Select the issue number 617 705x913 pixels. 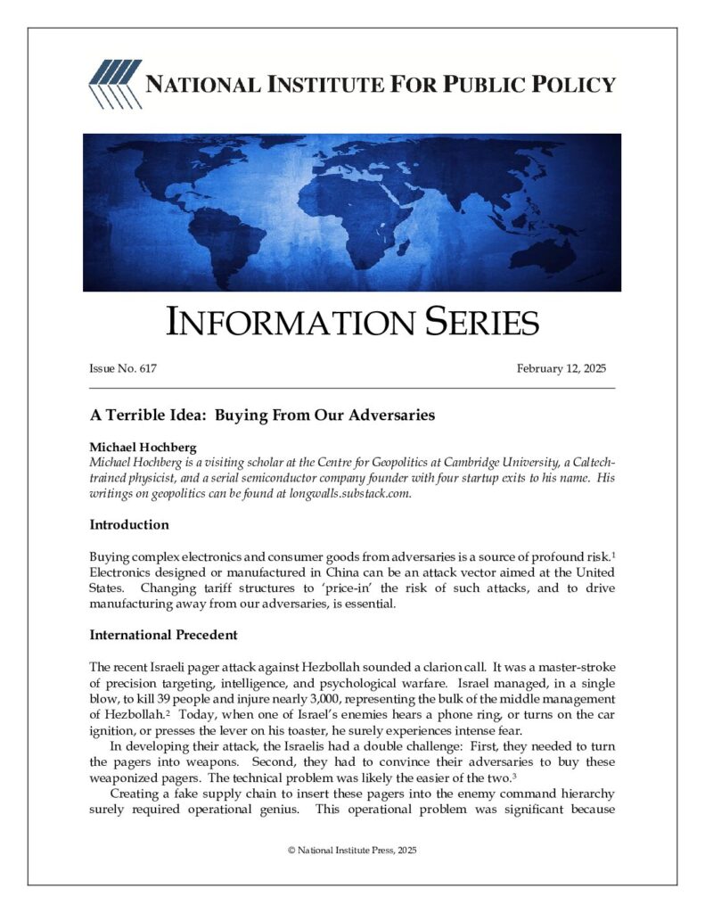(x=147, y=369)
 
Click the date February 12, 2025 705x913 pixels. (x=561, y=369)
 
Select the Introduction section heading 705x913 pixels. (x=129, y=524)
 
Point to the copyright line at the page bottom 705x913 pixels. (x=352, y=850)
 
